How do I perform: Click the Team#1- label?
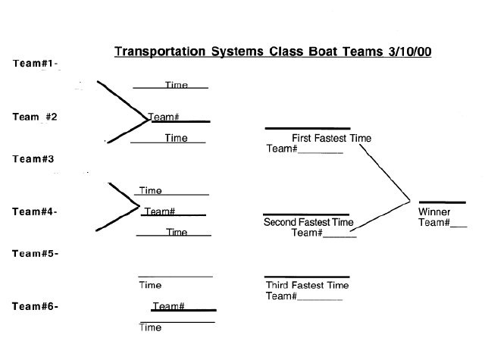36,63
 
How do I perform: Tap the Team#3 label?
33,159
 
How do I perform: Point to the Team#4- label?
35,211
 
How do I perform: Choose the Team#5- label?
35,253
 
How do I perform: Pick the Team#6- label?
35,306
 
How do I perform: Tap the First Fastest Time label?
331,138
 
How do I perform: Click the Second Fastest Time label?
308,222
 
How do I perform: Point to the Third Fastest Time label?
307,286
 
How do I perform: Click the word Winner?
434,211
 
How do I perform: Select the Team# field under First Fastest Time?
305,149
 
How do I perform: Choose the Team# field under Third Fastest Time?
305,296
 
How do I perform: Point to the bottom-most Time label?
150,328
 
